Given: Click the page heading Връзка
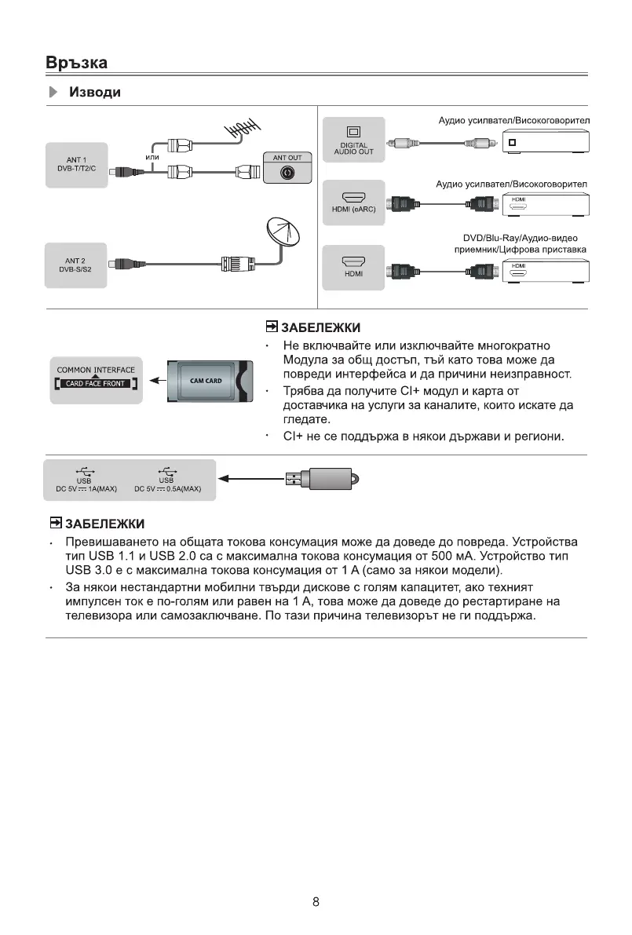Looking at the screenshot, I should (76, 62).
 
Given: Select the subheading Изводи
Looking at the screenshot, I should (95, 93).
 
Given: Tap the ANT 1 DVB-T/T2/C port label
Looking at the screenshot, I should (76, 166).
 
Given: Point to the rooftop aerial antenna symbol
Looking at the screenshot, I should (243, 128).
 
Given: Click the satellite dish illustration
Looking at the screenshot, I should (283, 233).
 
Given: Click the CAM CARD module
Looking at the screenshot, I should (208, 382).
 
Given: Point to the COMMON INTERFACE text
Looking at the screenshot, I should (96, 370).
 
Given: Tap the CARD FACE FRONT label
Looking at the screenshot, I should (96, 384).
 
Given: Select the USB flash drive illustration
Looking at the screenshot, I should (321, 477).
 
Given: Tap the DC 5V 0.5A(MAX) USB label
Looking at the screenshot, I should (167, 488).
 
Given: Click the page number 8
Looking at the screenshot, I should (316, 901).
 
